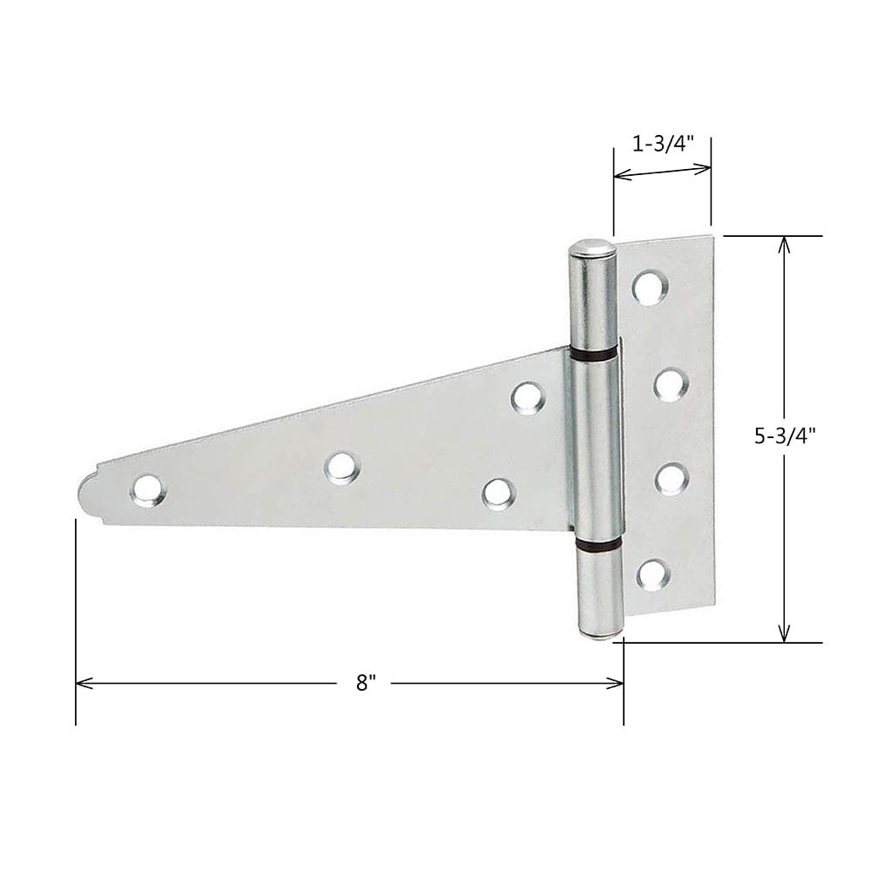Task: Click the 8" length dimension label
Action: pyautogui.click(x=364, y=684)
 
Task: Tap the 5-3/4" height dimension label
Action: pyautogui.click(x=785, y=438)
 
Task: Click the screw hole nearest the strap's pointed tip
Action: pyautogui.click(x=147, y=490)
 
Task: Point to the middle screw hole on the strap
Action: pyautogui.click(x=341, y=467)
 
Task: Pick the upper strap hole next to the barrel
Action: pyautogui.click(x=527, y=397)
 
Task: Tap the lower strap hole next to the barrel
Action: pyautogui.click(x=499, y=493)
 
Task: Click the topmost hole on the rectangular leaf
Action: pyautogui.click(x=649, y=287)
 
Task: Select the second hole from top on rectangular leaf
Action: pyautogui.click(x=671, y=384)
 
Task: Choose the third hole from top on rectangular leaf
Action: pyautogui.click(x=672, y=479)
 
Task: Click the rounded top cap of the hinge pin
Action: pyautogui.click(x=592, y=248)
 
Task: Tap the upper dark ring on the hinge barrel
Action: pyautogui.click(x=594, y=354)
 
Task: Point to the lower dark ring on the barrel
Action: pyautogui.click(x=598, y=545)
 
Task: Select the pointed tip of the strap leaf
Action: pyautogui.click(x=81, y=497)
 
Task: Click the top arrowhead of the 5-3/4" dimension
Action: pyautogui.click(x=785, y=242)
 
